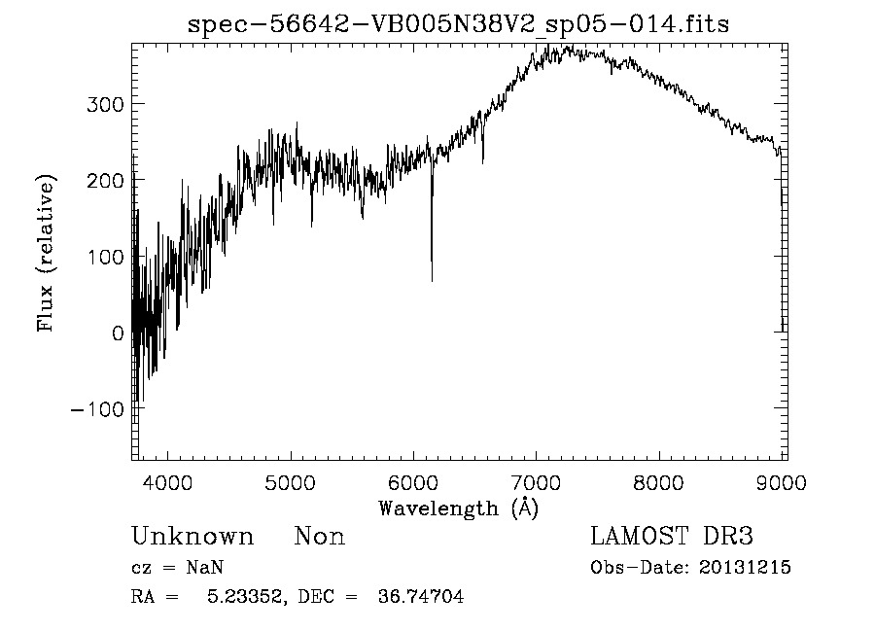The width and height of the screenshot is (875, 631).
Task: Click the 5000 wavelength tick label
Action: [x=291, y=482]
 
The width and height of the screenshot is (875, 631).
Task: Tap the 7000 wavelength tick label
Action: [x=537, y=482]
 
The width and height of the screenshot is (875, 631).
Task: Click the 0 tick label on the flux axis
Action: [x=117, y=333]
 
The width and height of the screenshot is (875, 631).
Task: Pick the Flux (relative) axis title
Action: [x=47, y=253]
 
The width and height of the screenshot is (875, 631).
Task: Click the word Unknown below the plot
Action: [x=192, y=537]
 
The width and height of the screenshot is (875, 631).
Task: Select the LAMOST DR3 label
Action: [x=671, y=537]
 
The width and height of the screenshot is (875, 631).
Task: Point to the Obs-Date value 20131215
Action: [x=745, y=568]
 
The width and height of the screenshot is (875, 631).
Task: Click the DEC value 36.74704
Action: [x=420, y=597]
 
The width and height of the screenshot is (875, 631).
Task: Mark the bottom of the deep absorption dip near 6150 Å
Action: [x=432, y=281]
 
